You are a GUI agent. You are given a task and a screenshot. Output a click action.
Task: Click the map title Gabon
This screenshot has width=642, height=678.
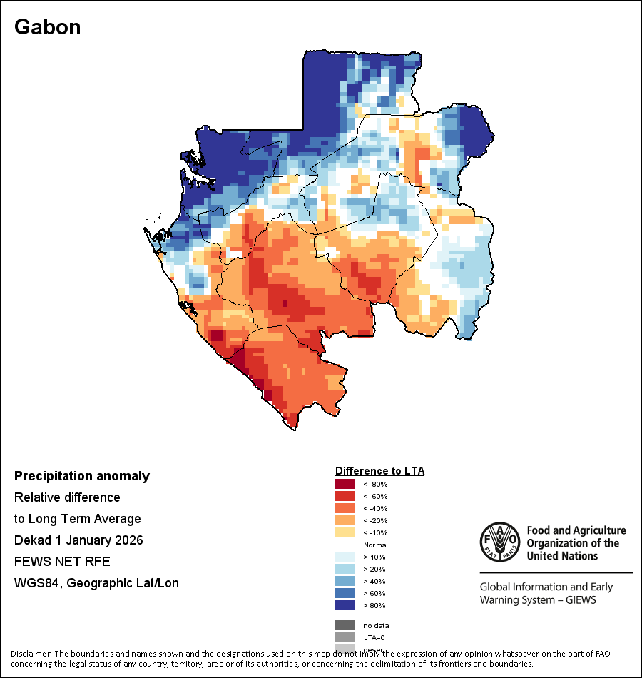coord(47,27)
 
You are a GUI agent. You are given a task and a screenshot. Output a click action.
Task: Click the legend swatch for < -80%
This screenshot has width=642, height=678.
coord(345,484)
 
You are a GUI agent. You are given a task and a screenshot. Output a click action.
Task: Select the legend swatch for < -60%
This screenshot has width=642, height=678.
coord(345,496)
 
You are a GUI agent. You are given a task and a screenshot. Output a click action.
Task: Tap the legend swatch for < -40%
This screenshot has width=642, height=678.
coord(345,508)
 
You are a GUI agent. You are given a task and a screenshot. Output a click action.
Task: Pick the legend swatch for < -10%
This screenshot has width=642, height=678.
coord(345,532)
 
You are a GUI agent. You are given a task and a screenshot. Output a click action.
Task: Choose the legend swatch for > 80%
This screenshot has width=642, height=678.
coord(345,605)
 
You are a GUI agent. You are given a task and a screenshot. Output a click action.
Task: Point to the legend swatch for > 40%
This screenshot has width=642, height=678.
coord(345,581)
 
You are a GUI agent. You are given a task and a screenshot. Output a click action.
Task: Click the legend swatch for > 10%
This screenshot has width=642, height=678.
coord(345,557)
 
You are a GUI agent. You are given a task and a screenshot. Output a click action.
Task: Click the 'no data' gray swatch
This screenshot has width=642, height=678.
coord(345,625)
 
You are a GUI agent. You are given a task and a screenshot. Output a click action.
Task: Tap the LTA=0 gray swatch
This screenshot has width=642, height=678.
coord(345,637)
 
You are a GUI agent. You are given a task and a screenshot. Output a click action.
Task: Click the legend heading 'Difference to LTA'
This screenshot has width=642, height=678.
coord(379,471)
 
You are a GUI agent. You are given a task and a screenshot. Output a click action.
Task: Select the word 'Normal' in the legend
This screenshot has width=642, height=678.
coord(375,545)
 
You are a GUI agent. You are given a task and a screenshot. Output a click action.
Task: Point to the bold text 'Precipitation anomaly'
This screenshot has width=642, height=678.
coord(82,476)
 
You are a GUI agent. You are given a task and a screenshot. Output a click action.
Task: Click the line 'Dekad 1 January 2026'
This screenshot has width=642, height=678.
coord(78,540)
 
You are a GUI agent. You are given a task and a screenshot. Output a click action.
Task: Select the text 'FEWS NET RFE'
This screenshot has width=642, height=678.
coord(62,562)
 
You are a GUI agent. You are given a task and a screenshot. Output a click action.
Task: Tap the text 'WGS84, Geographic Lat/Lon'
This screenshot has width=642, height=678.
coord(96,583)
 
